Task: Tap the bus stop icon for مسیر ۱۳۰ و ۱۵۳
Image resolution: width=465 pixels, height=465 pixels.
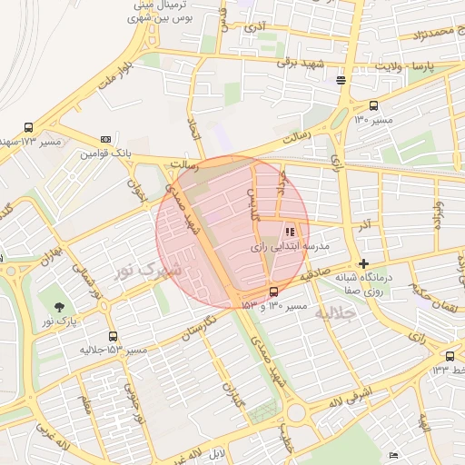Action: [273, 292]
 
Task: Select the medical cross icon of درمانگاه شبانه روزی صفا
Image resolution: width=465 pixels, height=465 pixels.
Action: [363, 263]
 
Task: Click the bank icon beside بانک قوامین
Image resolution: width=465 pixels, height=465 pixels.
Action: [106, 139]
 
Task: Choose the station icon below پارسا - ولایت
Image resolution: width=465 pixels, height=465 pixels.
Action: [341, 80]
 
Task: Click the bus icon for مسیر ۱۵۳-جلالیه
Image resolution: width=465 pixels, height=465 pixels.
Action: [112, 336]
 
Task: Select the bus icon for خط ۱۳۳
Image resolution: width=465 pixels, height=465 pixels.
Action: [450, 355]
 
